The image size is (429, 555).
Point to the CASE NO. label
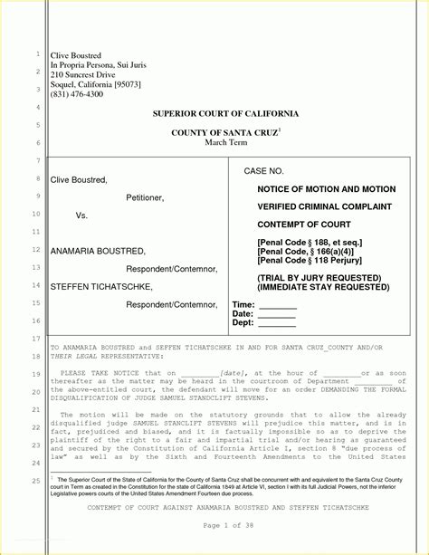pos(264,171)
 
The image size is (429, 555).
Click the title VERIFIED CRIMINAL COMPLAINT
pos(323,206)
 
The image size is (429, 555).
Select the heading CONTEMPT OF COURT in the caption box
pos(304,224)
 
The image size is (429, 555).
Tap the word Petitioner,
pos(145,197)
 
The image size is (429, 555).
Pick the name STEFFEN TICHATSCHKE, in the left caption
pos(101,286)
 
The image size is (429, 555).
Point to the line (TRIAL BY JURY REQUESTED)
pos(318,277)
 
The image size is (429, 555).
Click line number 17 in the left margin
pos(37,339)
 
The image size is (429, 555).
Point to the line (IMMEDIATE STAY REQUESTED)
pos(323,286)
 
